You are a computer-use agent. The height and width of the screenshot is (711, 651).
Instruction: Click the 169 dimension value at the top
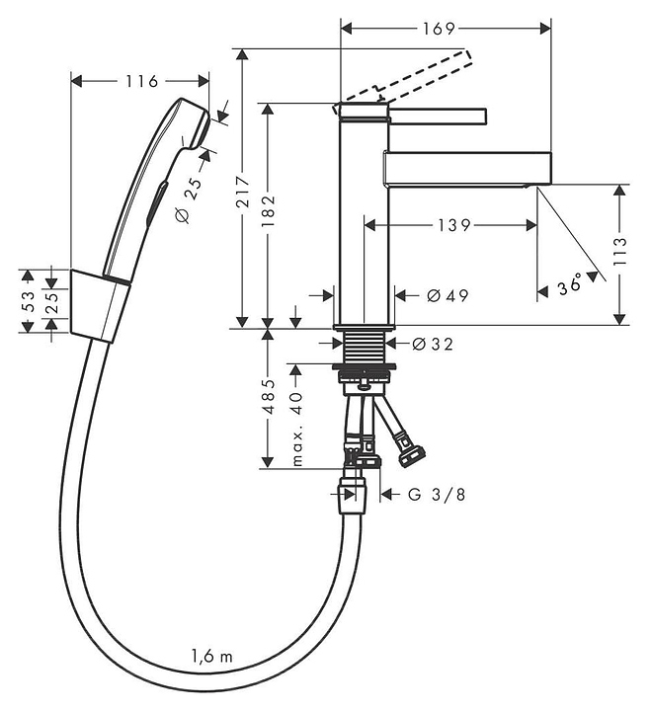coord(439,29)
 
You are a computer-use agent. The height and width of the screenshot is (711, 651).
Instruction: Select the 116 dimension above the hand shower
coord(141,82)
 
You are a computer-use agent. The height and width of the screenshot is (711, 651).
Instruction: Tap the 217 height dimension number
coord(243,192)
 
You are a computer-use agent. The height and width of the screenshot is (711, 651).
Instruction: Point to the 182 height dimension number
coord(268,211)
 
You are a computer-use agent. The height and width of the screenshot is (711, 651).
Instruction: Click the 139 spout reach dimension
coord(454,225)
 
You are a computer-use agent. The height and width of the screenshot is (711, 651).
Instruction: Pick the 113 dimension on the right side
coord(619,252)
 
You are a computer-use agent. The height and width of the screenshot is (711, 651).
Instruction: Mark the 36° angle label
coord(570,285)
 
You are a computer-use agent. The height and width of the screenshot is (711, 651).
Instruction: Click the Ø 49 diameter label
coord(448,295)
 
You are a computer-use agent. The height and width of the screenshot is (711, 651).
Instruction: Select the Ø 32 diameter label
coord(433,345)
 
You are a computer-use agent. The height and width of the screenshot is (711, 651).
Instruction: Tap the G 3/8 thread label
coord(436,495)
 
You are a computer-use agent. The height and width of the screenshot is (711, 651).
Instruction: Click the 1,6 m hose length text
coord(211,656)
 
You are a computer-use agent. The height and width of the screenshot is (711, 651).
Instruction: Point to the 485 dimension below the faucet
coord(269,397)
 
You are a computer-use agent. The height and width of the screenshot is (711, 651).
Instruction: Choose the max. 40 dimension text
coord(296,429)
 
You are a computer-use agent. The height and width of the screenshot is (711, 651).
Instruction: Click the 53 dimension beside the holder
coord(28,301)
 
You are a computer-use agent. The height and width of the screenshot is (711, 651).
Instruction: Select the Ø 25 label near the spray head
coord(189,199)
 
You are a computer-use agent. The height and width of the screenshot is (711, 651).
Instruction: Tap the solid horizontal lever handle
coord(438,116)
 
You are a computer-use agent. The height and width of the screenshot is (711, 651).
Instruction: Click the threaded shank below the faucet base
coord(364,347)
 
